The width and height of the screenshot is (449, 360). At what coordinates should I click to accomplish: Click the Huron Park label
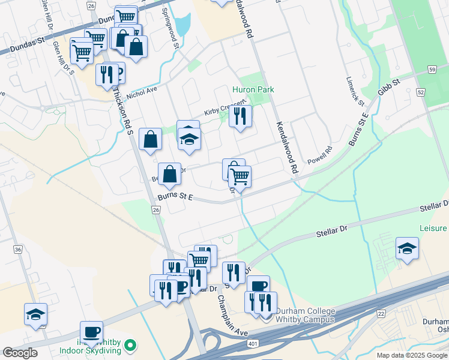[x=253, y=89]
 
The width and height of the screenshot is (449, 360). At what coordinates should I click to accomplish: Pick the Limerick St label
[x=355, y=91]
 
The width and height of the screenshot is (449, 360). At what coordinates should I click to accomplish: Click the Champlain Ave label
[x=232, y=316]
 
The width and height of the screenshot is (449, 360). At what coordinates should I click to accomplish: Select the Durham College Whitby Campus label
[x=304, y=315]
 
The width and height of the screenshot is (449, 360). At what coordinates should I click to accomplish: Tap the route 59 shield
[x=432, y=70]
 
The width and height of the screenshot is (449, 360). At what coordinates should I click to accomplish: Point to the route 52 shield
[x=420, y=92]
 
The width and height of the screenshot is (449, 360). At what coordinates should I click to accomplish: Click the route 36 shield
[x=17, y=250]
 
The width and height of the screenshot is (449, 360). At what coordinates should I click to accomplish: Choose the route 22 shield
[x=381, y=314]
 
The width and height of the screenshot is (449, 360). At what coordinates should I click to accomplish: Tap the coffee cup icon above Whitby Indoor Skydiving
[x=91, y=332]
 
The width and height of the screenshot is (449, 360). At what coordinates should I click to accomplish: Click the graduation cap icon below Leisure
[x=407, y=249]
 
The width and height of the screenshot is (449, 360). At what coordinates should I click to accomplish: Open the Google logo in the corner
[x=20, y=353]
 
